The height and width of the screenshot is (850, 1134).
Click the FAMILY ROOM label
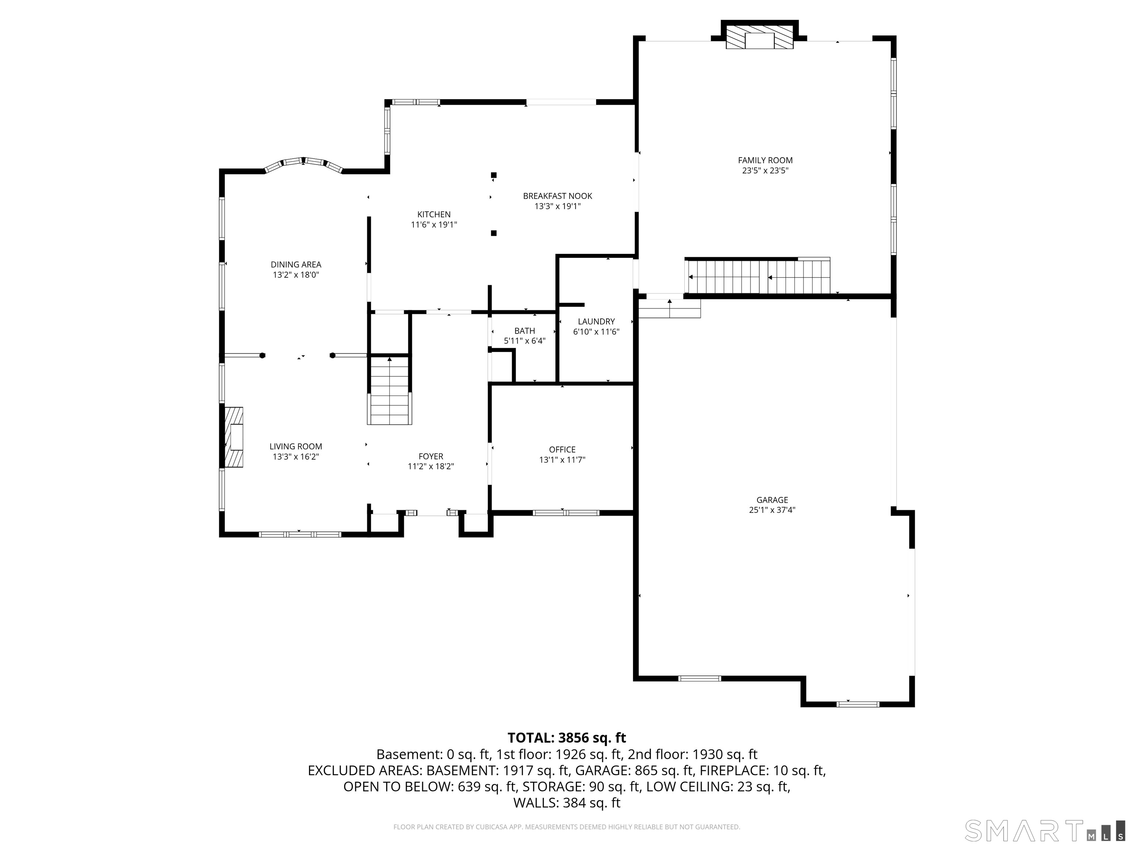coord(765,160)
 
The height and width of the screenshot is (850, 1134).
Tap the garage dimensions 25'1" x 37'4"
coord(772,510)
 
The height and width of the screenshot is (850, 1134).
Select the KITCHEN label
coord(434,214)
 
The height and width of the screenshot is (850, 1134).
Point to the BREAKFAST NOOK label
coord(557,196)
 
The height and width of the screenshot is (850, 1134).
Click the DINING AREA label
coord(296,265)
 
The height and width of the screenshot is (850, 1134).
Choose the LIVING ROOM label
coord(296,446)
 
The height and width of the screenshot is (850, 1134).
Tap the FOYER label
coord(431,456)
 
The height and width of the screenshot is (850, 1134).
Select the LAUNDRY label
coord(596,321)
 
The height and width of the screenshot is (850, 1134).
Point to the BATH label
coord(525,331)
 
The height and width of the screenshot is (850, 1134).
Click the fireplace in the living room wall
coord(234,437)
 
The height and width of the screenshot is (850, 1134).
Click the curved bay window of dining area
coord(303,162)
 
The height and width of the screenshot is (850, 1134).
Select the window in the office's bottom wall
coord(566,512)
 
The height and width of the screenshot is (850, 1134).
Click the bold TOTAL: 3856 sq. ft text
coord(567,738)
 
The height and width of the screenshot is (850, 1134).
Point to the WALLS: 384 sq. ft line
coord(567,803)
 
